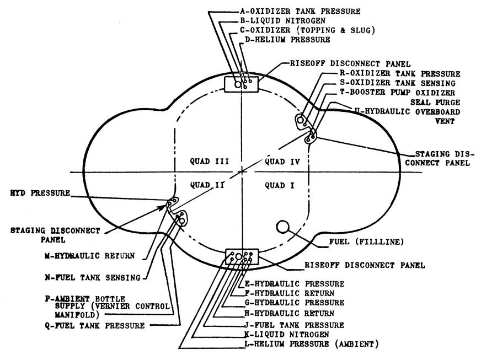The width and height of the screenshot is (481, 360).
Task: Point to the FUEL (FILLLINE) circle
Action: (283, 227)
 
